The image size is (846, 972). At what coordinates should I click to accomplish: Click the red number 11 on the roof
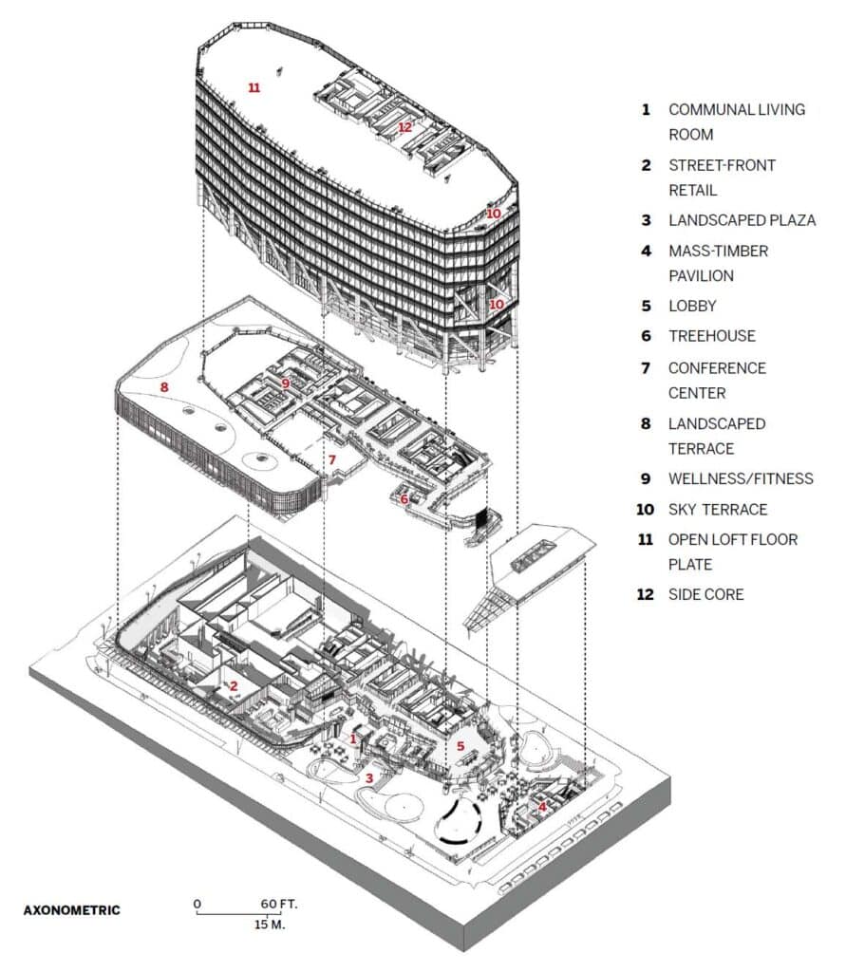point(254,87)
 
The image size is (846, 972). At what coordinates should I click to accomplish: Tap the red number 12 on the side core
point(405,127)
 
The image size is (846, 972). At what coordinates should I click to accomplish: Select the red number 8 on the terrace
point(164,387)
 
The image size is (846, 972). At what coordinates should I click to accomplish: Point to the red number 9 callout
point(285,383)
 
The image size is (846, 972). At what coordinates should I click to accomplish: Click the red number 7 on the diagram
point(331,459)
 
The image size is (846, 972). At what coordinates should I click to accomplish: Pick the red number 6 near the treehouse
point(404,499)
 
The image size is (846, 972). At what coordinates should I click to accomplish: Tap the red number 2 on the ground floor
point(234,686)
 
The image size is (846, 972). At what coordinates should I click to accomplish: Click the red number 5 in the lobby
point(461,746)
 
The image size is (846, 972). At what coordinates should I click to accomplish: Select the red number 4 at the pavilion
point(542,807)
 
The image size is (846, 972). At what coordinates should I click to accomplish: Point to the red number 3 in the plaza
point(369,778)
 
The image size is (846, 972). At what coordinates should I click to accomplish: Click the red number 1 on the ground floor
point(353,738)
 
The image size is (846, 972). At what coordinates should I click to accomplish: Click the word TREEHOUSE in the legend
point(712,336)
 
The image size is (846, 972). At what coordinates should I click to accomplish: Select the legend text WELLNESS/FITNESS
point(741,478)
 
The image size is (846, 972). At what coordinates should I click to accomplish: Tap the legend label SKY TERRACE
point(718,510)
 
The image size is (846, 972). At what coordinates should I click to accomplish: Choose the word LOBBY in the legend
point(692,307)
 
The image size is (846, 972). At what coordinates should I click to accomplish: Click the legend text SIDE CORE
point(705,594)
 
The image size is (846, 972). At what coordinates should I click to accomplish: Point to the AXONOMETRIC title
point(72,910)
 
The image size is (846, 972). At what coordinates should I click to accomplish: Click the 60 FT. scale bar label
point(279,904)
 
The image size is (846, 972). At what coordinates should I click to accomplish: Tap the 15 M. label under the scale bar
point(270,925)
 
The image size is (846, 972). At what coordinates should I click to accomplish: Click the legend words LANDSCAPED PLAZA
point(742,220)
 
